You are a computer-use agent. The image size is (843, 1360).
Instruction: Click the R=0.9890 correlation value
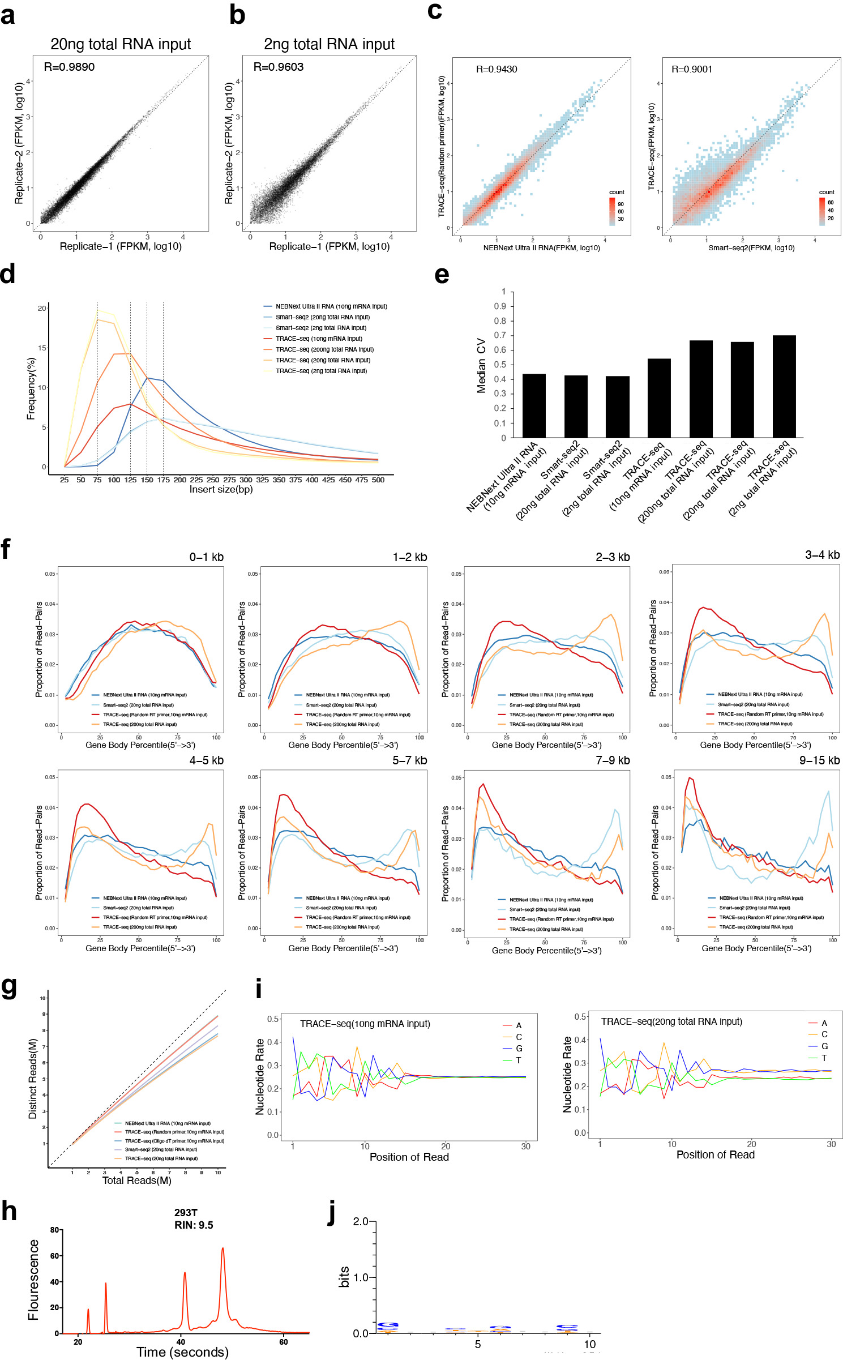69,67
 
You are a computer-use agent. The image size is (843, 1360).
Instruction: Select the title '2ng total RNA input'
329,44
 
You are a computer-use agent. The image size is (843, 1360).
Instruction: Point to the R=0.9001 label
692,70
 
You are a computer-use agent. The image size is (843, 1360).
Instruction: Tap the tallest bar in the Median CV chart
784,386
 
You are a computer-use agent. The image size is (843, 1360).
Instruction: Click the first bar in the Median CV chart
534,405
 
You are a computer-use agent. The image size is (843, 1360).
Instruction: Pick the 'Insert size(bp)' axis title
221,489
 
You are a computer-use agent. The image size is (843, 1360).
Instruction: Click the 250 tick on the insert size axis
213,480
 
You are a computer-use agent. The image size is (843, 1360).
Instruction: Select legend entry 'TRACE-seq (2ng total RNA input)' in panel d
321,371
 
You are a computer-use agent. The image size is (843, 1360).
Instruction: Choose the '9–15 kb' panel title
819,760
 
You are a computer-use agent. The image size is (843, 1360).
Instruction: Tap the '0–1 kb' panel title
206,557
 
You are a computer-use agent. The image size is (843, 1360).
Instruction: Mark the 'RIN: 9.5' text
194,1225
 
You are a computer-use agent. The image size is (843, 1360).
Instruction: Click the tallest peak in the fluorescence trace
223,1248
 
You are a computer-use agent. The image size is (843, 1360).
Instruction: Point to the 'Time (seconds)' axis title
182,1352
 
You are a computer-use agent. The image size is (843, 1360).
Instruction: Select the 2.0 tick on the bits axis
361,1221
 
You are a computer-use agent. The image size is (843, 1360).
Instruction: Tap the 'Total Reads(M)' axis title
136,1181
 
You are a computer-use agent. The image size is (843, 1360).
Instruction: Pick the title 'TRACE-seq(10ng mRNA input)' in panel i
365,1024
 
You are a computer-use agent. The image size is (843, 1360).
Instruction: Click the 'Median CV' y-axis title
482,365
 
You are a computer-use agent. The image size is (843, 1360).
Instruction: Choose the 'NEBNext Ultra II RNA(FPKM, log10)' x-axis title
541,248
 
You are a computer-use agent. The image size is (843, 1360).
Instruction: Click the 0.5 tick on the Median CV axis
500,365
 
